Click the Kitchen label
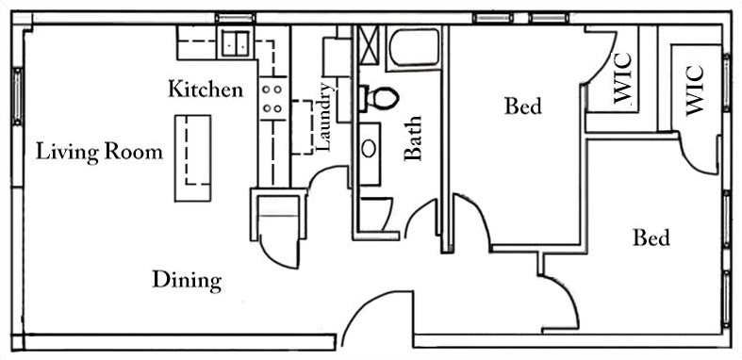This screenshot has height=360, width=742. point(205,90)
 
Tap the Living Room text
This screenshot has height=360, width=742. point(99,151)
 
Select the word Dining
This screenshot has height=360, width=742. point(187,280)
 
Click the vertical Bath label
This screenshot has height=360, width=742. point(413,138)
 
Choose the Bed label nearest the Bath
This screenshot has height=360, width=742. point(522,106)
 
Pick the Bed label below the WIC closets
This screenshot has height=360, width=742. point(651,237)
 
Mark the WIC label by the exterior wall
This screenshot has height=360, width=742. point(695,89)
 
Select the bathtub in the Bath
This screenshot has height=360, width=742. point(414,47)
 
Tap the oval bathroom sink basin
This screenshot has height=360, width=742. point(370,149)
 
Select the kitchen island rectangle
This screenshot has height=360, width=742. point(191,157)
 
